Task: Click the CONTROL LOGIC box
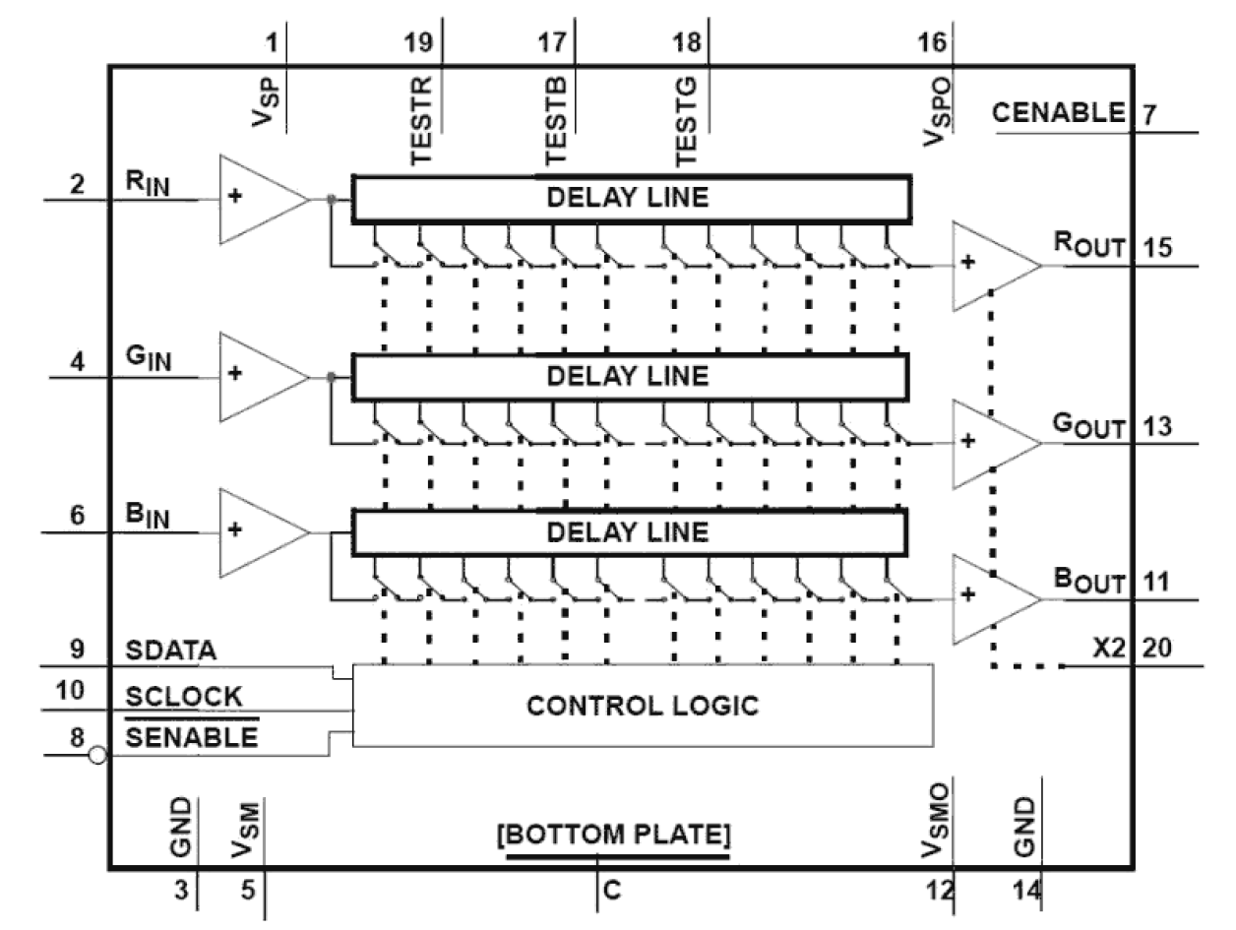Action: pyautogui.click(x=642, y=706)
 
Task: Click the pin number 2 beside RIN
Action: pyautogui.click(x=77, y=184)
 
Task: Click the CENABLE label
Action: pyautogui.click(x=1059, y=113)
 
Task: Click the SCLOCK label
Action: pyautogui.click(x=184, y=696)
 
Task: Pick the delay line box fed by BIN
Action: pyautogui.click(x=628, y=531)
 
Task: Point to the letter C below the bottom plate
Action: pyautogui.click(x=612, y=892)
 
